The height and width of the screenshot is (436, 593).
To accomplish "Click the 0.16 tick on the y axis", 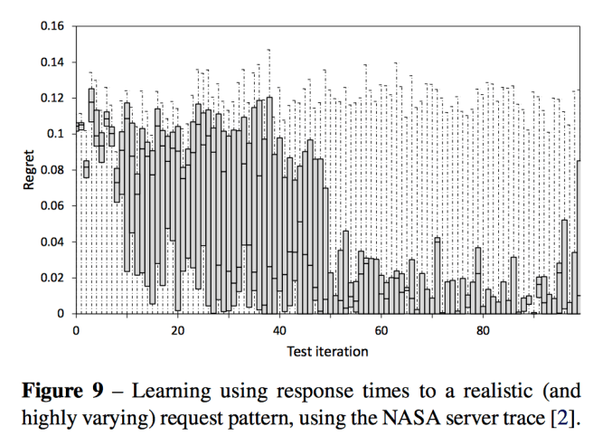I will coord(52,26).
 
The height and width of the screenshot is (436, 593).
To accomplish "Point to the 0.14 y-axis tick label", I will coord(52,62).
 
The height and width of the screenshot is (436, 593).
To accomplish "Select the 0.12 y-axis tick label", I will coord(52,98).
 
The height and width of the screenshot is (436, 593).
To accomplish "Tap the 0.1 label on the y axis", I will coord(56,134).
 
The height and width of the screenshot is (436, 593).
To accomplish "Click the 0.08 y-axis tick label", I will coord(52,170).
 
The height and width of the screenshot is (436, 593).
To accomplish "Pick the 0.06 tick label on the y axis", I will coord(52,205).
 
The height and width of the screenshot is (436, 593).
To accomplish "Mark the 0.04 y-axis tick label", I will coord(52,242).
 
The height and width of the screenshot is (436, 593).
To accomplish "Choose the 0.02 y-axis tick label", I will coord(52,278).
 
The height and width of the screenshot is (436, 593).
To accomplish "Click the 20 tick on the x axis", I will coord(177,330).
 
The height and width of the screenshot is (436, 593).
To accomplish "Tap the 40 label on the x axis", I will coord(279,330).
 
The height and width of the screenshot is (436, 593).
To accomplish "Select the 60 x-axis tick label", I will coord(381,330).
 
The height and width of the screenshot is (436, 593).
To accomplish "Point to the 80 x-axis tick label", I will coord(484,330).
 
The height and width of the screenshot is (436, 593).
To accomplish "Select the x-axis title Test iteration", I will coord(327,350).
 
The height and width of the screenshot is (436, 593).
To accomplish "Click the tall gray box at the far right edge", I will coord(578,235).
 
